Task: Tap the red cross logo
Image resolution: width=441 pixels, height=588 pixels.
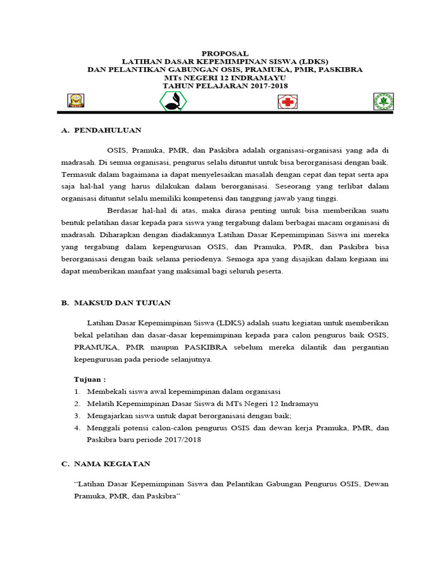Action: pyautogui.click(x=287, y=102)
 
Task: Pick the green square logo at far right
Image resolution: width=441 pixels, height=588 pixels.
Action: pyautogui.click(x=384, y=102)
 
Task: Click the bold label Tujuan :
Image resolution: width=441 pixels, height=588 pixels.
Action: pyautogui.click(x=90, y=380)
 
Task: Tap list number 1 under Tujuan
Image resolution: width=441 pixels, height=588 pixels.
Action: pyautogui.click(x=77, y=392)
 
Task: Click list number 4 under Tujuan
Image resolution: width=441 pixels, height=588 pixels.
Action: pyautogui.click(x=77, y=428)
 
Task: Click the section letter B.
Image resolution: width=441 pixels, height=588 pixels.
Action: pyautogui.click(x=64, y=303)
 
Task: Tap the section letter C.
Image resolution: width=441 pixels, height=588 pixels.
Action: pyautogui.click(x=64, y=463)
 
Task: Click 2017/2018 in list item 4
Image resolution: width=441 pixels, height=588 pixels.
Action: pyautogui.click(x=184, y=440)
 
